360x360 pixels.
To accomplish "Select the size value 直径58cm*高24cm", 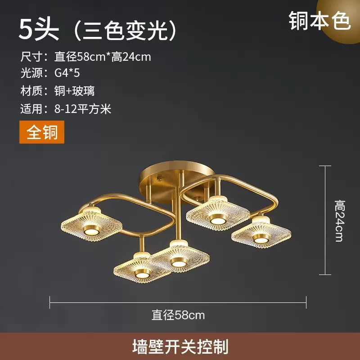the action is point(103,57).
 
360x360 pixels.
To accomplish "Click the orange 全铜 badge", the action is point(42,133).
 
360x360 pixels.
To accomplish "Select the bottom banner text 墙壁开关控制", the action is point(180,346).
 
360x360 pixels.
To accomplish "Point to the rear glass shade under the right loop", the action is point(218,211).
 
